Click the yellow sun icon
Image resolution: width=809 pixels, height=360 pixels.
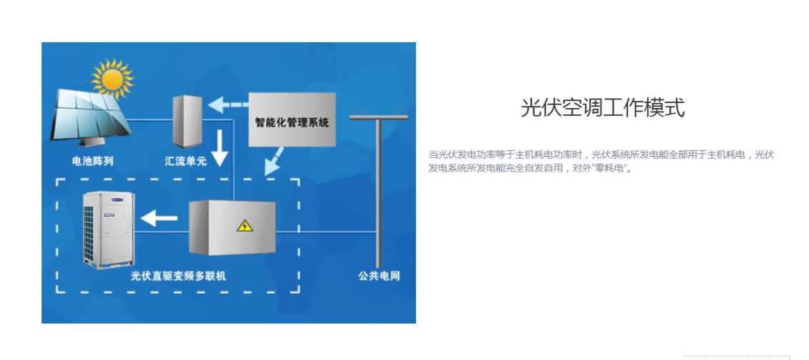pyautogui.click(x=112, y=78)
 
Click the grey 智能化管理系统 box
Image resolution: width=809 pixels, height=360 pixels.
pyautogui.click(x=292, y=120)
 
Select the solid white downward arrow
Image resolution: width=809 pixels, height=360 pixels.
pyautogui.click(x=221, y=147)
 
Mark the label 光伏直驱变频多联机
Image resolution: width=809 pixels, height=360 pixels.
pyautogui.click(x=178, y=276)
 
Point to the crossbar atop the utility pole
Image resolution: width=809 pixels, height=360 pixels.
pyautogui.click(x=379, y=115)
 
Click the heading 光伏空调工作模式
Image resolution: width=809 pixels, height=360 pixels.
pyautogui.click(x=602, y=107)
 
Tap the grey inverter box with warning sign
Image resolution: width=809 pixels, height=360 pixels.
pyautogui.click(x=231, y=228)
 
